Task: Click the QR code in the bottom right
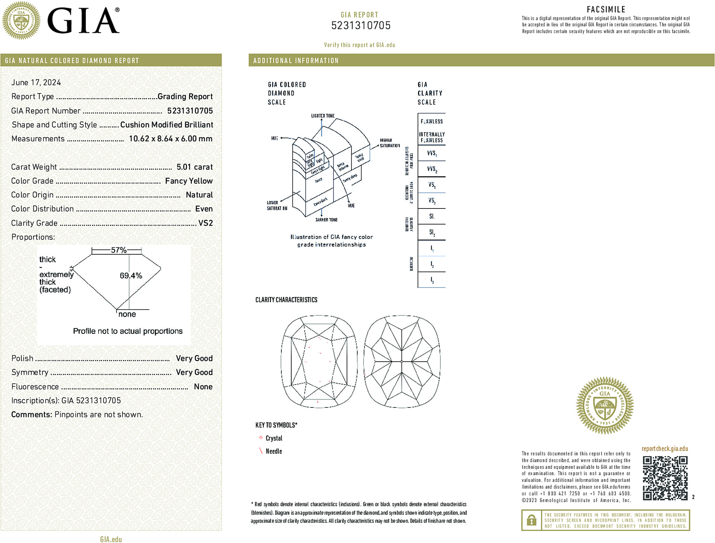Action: [x=665, y=478]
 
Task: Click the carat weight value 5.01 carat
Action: [x=195, y=167]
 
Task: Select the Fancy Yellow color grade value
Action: [x=189, y=181]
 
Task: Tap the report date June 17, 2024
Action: [x=36, y=82]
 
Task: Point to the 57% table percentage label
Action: [x=118, y=250]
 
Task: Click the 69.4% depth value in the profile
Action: [x=131, y=276]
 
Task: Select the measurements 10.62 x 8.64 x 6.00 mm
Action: [x=171, y=139]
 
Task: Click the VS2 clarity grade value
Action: [x=205, y=223]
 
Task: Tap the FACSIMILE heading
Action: [x=606, y=10]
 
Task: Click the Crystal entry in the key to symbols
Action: [x=274, y=438]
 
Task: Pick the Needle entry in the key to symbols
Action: [x=274, y=451]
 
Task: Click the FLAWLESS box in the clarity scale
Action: [x=432, y=121]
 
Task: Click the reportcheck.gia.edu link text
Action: [x=665, y=449]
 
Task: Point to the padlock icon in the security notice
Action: [x=531, y=520]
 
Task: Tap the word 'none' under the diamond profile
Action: [x=127, y=314]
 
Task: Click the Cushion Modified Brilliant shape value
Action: [x=166, y=125]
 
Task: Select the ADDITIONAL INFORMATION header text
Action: [x=296, y=61]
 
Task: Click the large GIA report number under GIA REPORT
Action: [x=361, y=26]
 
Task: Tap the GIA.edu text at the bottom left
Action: [x=111, y=539]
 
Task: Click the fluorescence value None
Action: [x=203, y=386]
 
